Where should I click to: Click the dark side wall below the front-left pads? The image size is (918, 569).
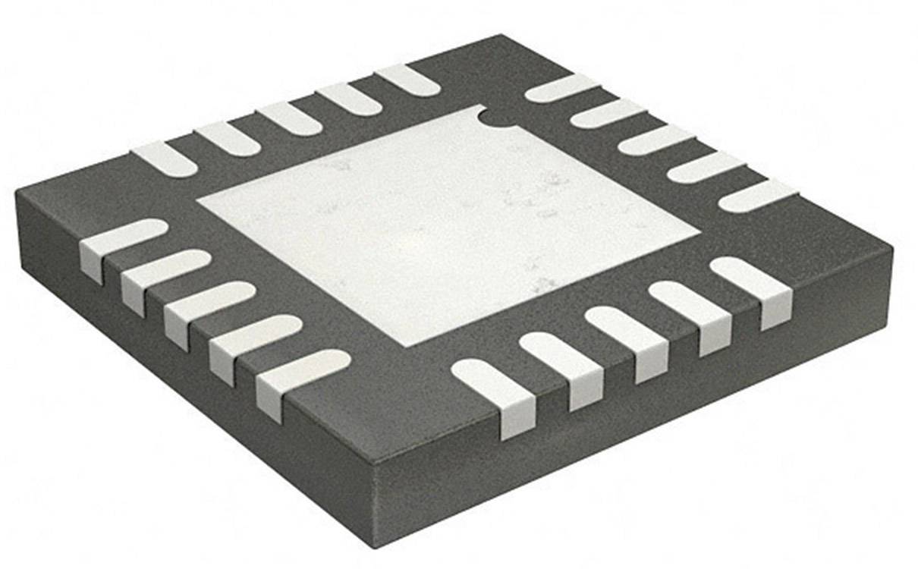point(190,395)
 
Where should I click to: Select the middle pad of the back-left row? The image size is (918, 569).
point(288,118)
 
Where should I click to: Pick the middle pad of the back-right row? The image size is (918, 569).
point(656,141)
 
